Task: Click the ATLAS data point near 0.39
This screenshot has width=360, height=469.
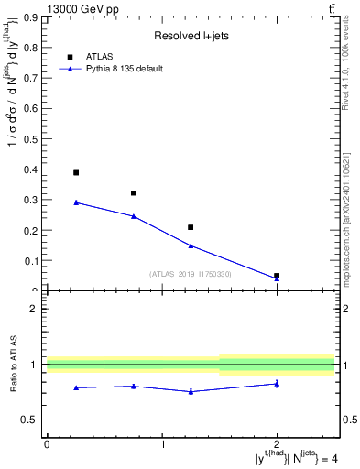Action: pyautogui.click(x=76, y=172)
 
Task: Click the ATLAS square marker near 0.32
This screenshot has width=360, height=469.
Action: pyautogui.click(x=134, y=193)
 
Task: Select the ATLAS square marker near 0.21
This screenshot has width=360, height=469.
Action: pyautogui.click(x=191, y=227)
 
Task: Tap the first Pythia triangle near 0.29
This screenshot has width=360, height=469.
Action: pyautogui.click(x=76, y=202)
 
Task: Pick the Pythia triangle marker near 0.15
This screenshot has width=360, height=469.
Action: pyautogui.click(x=191, y=245)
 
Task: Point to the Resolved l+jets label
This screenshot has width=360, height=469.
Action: pyautogui.click(x=191, y=37)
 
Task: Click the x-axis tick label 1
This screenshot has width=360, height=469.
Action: pyautogui.click(x=162, y=444)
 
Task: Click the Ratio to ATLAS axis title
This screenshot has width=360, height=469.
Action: pyautogui.click(x=14, y=365)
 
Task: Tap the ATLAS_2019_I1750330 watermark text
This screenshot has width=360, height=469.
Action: pyautogui.click(x=191, y=274)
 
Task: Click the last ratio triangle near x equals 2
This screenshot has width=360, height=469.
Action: pyautogui.click(x=277, y=384)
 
